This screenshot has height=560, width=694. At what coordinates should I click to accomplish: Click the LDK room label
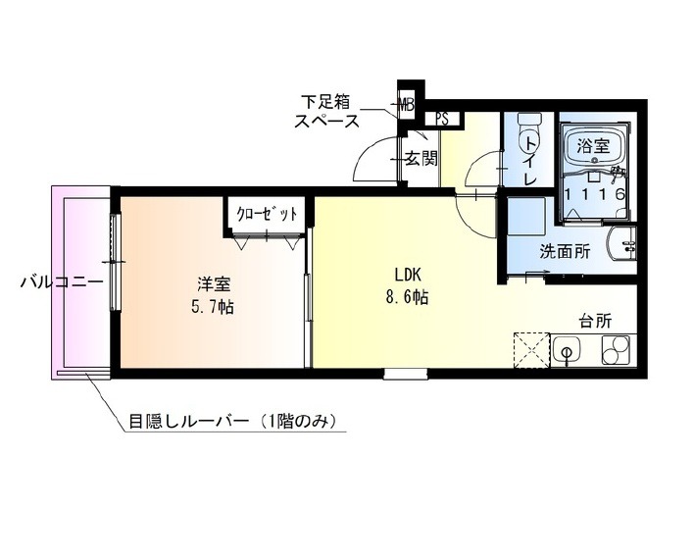point(407,275)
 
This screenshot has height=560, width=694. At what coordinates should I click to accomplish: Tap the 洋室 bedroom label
point(215,284)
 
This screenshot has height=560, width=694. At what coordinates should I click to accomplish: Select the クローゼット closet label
point(267,214)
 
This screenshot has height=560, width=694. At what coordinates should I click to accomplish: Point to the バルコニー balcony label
point(62,281)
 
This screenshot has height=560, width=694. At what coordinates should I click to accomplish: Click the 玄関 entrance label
point(421,158)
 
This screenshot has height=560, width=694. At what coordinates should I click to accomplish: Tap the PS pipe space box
point(443,119)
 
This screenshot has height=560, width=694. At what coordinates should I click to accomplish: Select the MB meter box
point(406,105)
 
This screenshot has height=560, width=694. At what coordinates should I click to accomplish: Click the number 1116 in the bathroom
point(594,193)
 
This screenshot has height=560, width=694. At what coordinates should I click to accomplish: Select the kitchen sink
point(567,350)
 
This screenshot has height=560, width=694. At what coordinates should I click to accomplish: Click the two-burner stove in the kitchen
point(616,350)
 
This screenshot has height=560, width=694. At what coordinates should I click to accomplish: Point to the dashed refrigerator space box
point(531,350)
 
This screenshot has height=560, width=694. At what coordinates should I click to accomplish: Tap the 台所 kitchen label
point(596,321)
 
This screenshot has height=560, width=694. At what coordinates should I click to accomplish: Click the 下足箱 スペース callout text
point(326,111)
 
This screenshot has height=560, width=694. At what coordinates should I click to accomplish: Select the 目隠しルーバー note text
point(231,421)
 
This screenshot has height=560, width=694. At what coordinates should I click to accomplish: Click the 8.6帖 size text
point(407,297)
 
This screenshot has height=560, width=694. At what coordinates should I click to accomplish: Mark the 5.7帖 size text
point(213,307)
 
